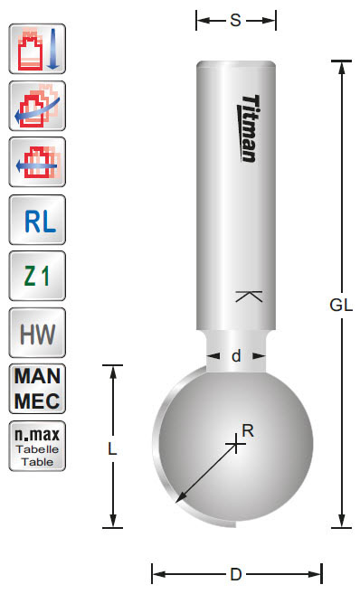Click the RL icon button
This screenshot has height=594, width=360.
[37, 221]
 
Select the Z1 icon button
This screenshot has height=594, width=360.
[37, 277]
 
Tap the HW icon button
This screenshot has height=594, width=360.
[37, 334]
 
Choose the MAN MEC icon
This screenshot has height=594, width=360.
[37, 388]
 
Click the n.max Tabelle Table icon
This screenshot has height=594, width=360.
[37, 446]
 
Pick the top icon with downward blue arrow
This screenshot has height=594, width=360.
[37, 50]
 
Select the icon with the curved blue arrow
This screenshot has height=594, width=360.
[37, 106]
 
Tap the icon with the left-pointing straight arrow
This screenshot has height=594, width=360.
[37, 163]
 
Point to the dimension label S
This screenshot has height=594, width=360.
[235, 20]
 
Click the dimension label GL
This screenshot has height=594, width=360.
[341, 305]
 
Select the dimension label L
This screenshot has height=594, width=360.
[112, 447]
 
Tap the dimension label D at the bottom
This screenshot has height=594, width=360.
[236, 573]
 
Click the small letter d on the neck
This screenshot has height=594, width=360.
[236, 356]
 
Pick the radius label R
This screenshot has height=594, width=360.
[247, 430]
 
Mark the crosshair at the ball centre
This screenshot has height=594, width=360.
[236, 442]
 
